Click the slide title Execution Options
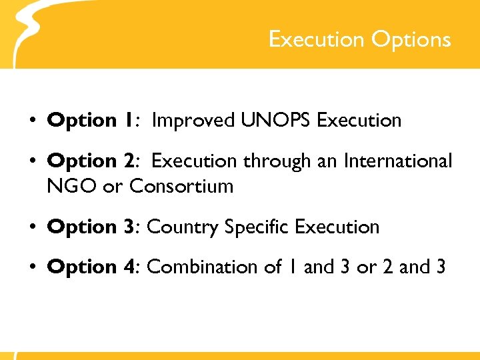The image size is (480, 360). pos(359,39)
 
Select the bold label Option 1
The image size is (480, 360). pos(91,121)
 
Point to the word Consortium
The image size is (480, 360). pos(181,186)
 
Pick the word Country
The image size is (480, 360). pos(183,227)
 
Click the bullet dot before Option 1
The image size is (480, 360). pos(31,122)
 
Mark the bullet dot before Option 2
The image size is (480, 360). pos(31,162)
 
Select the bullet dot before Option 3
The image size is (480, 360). pos(31,228)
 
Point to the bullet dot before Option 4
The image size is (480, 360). pos(31,268)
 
